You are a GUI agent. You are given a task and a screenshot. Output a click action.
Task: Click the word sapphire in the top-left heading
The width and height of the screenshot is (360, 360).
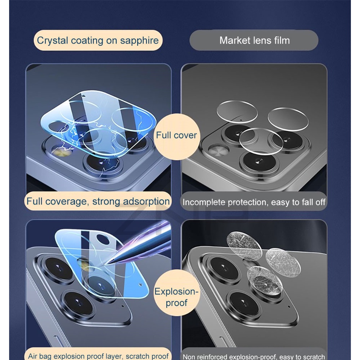pos(139,41)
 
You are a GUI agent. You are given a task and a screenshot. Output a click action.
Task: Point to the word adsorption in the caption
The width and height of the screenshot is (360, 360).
pos(146,202)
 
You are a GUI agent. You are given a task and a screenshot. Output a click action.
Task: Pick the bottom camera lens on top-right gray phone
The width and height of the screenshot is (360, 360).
pos(259,161)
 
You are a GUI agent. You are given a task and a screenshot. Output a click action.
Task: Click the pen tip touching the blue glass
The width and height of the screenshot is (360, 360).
pos(107,263)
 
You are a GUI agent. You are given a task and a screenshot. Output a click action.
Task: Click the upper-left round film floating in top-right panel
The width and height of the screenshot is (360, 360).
pos(237,112)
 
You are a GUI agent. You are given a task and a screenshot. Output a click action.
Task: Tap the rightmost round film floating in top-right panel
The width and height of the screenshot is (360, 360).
pos(288,119)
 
